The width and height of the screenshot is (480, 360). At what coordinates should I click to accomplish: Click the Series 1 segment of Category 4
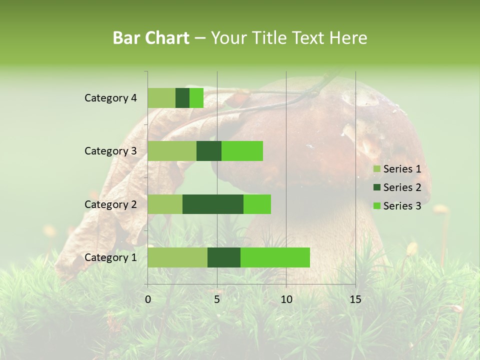[161, 98]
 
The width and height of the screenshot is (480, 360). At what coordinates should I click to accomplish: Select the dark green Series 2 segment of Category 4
[182, 98]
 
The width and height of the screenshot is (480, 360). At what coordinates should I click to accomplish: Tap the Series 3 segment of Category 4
[196, 98]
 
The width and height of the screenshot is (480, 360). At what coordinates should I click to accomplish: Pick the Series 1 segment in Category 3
[172, 151]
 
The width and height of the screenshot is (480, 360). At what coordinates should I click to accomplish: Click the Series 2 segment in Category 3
[209, 151]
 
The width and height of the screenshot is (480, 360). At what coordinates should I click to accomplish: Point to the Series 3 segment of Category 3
[242, 151]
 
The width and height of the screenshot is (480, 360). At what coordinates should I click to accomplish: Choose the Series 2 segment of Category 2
[213, 204]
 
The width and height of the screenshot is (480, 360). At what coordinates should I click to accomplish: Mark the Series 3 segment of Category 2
[257, 204]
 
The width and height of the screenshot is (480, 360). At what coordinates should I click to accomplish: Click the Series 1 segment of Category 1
[177, 257]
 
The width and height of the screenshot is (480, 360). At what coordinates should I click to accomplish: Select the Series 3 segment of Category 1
[275, 257]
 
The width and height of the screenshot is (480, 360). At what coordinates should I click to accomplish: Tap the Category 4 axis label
[110, 98]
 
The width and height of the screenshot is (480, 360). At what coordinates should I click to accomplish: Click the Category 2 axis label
[110, 204]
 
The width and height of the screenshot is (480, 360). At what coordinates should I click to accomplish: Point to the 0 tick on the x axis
[148, 299]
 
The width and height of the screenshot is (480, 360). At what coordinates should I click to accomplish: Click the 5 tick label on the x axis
[217, 299]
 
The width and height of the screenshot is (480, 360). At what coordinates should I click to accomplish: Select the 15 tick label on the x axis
[355, 299]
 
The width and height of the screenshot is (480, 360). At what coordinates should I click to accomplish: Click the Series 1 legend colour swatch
[376, 169]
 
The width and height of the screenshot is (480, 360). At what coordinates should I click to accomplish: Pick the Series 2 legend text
[402, 187]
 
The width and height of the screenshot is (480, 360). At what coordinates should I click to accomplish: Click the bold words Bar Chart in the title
[151, 38]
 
